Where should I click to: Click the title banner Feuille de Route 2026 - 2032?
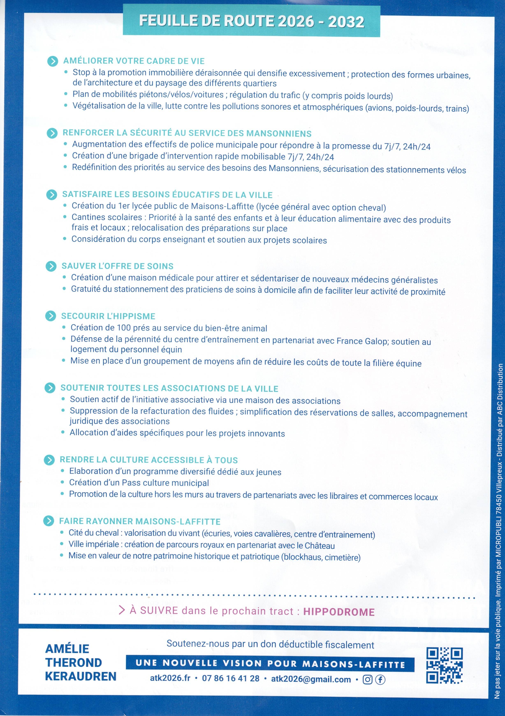(x=251, y=21)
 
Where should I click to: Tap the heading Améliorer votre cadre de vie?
(x=134, y=61)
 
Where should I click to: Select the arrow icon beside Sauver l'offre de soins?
(x=51, y=266)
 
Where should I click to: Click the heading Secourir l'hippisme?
(x=108, y=316)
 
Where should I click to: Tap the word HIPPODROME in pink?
(x=339, y=612)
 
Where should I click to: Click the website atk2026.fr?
(x=170, y=678)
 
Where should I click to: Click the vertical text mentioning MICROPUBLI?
(x=498, y=530)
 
